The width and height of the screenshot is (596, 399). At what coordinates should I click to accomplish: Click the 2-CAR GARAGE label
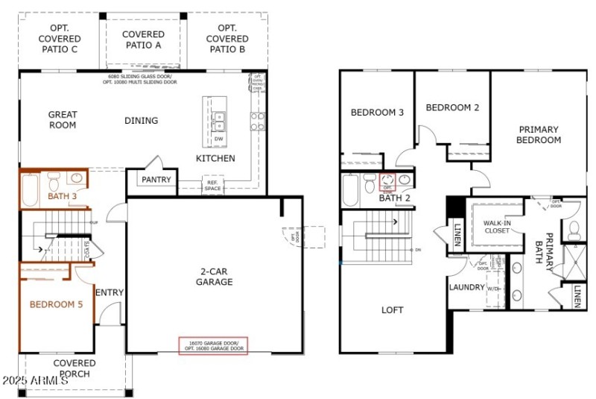[x=215, y=276]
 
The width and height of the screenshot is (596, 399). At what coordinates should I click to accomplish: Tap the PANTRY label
[x=156, y=180]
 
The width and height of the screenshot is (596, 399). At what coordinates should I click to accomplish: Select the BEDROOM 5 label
[x=57, y=304]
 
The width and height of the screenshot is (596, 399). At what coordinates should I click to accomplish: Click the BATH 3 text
[x=62, y=197]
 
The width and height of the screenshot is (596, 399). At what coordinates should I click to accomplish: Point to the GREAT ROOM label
[x=63, y=120]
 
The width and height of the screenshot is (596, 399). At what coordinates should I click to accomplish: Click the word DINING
[x=141, y=121]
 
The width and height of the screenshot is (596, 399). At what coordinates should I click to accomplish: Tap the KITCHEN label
[x=215, y=158]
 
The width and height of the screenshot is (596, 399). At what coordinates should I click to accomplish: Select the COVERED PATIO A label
[x=143, y=40]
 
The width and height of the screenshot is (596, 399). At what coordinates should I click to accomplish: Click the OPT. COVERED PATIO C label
[x=60, y=39]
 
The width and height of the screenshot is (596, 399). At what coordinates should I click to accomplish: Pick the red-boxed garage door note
[x=213, y=345]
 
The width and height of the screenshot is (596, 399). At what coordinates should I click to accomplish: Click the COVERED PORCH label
[x=74, y=368]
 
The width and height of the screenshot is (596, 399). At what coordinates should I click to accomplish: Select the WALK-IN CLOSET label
[x=497, y=227]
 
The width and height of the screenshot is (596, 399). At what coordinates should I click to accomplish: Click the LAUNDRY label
[x=466, y=287]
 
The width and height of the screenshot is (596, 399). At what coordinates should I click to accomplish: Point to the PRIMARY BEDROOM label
[x=539, y=135]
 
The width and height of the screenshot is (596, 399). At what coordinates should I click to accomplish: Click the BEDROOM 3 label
[x=377, y=113]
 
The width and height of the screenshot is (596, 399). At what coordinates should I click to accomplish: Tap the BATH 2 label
[x=395, y=198]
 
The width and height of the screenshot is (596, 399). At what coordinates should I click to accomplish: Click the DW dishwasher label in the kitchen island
[x=218, y=139]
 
